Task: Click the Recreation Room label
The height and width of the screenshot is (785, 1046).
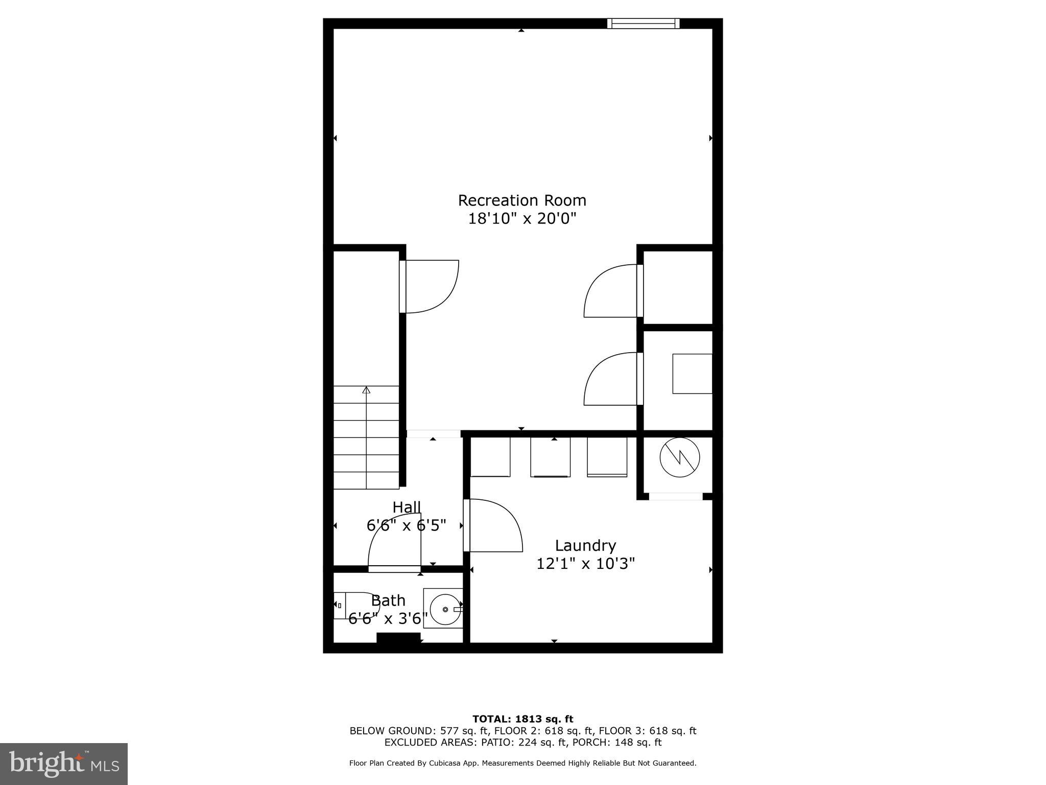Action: (521, 200)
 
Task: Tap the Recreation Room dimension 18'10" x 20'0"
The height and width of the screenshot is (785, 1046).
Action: (522, 219)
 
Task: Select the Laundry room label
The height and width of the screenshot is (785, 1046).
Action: (585, 545)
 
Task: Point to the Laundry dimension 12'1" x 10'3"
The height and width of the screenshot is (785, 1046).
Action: (585, 564)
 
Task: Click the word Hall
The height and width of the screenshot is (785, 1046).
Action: (407, 507)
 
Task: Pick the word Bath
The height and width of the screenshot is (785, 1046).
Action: (388, 600)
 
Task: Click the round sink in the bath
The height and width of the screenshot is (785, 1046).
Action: (444, 609)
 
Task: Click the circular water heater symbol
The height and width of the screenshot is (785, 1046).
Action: (679, 457)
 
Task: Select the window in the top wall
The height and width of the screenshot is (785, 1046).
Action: (643, 23)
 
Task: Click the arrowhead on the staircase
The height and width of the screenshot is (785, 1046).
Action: (366, 390)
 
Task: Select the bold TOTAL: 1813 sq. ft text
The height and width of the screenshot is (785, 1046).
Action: (522, 719)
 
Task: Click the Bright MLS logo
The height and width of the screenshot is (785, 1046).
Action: (63, 764)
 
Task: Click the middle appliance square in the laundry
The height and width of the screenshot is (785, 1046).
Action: (550, 457)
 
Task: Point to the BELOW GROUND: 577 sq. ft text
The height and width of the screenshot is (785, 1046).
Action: (419, 731)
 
